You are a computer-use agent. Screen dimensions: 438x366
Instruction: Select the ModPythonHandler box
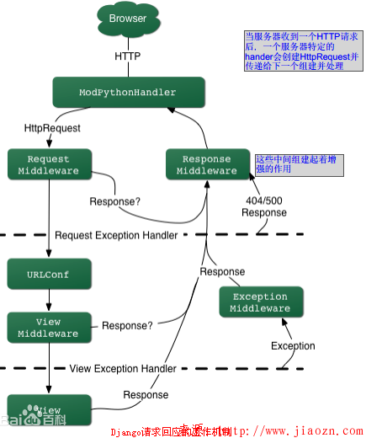pos(127,91)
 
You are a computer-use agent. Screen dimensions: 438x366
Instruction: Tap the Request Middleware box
pos(48,164)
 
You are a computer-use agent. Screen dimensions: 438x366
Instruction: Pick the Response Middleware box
pos(207,164)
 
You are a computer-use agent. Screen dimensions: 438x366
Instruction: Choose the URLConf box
pos(48,275)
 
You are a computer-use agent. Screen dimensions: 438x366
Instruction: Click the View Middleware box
pos(48,327)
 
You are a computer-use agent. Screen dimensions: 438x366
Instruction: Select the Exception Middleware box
pos(260,302)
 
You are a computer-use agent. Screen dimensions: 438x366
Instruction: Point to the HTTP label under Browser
pos(127,56)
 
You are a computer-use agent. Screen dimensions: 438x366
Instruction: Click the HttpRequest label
pos(52,129)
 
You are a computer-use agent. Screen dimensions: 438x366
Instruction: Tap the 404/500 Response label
pos(263,206)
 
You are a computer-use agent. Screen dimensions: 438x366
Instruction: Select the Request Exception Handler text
pos(116,235)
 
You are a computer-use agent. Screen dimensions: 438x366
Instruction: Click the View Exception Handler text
pos(123,368)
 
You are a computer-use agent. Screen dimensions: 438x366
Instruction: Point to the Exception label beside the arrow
pos(293,345)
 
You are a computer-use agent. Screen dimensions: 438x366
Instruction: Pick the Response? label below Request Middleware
pos(115,202)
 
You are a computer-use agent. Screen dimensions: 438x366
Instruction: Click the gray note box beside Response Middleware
pos(299,164)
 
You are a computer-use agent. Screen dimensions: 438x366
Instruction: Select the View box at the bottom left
pos(48,409)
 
